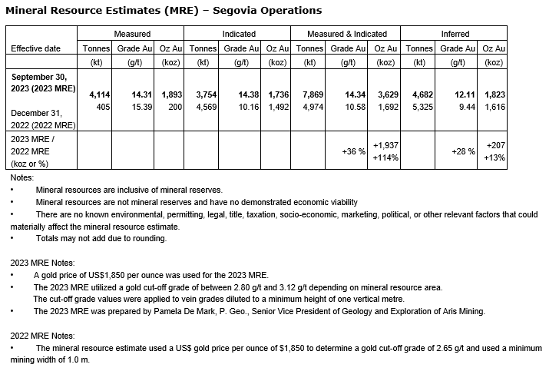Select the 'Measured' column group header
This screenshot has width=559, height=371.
coord(131,34)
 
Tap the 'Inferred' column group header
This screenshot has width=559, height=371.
coord(455,34)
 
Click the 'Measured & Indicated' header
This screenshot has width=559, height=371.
coord(347,34)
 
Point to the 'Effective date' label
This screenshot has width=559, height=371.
coord(35,48)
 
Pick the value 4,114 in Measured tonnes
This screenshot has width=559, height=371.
coord(100,94)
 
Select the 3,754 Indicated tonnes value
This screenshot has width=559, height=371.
coord(209,94)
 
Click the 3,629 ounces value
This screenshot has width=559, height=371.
coord(385,94)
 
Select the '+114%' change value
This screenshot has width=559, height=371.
coord(384,158)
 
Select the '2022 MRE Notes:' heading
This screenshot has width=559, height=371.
coord(42,336)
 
